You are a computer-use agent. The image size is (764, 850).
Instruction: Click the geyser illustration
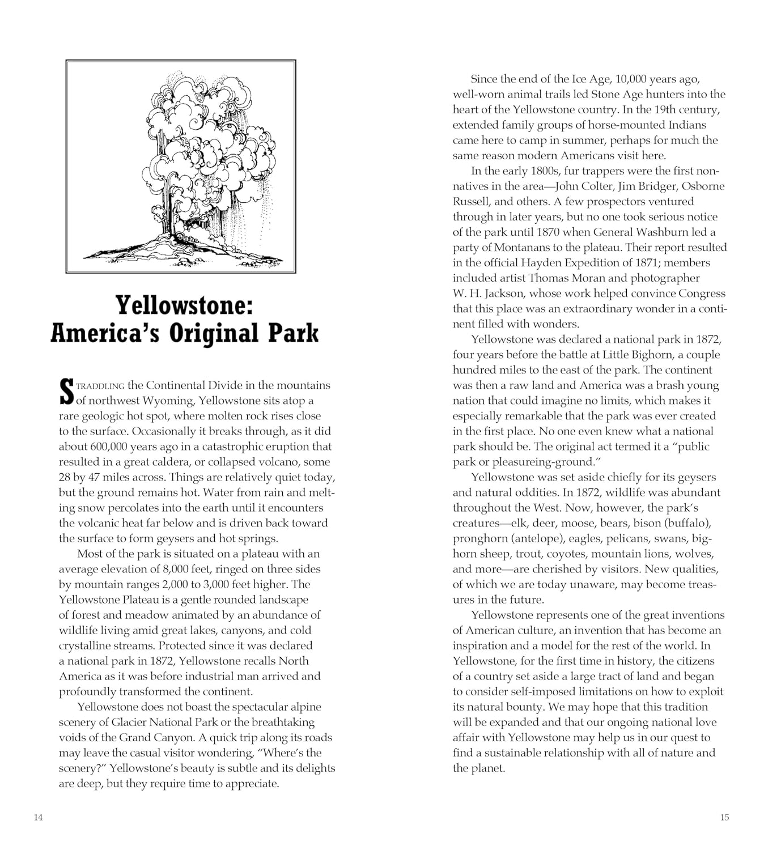[181, 167]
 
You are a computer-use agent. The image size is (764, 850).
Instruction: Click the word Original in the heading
[216, 333]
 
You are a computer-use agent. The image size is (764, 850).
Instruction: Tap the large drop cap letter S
[66, 392]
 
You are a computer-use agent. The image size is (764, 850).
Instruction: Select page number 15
[725, 817]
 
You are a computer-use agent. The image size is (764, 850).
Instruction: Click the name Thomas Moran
[567, 278]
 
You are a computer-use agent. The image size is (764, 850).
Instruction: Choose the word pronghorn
[479, 538]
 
